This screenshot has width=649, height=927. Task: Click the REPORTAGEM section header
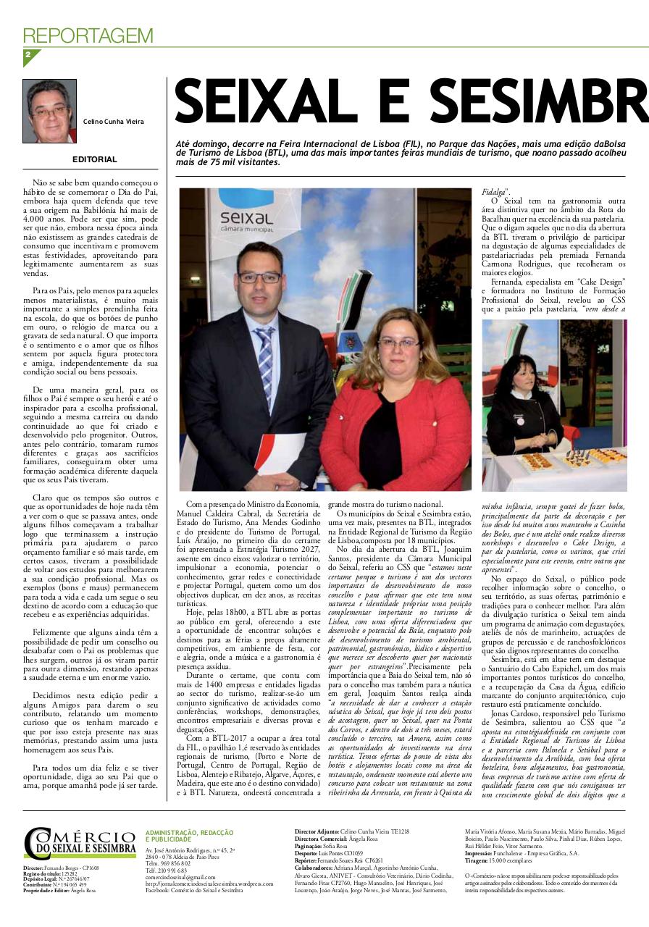88,35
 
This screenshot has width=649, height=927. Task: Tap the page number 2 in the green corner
28,55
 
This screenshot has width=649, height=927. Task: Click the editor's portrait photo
49,111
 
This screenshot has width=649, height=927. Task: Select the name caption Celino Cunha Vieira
114,122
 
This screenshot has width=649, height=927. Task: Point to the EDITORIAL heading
94,159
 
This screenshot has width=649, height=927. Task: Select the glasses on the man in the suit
259,277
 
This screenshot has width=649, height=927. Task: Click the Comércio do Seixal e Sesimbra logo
80,844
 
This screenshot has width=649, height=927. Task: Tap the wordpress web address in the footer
209,884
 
